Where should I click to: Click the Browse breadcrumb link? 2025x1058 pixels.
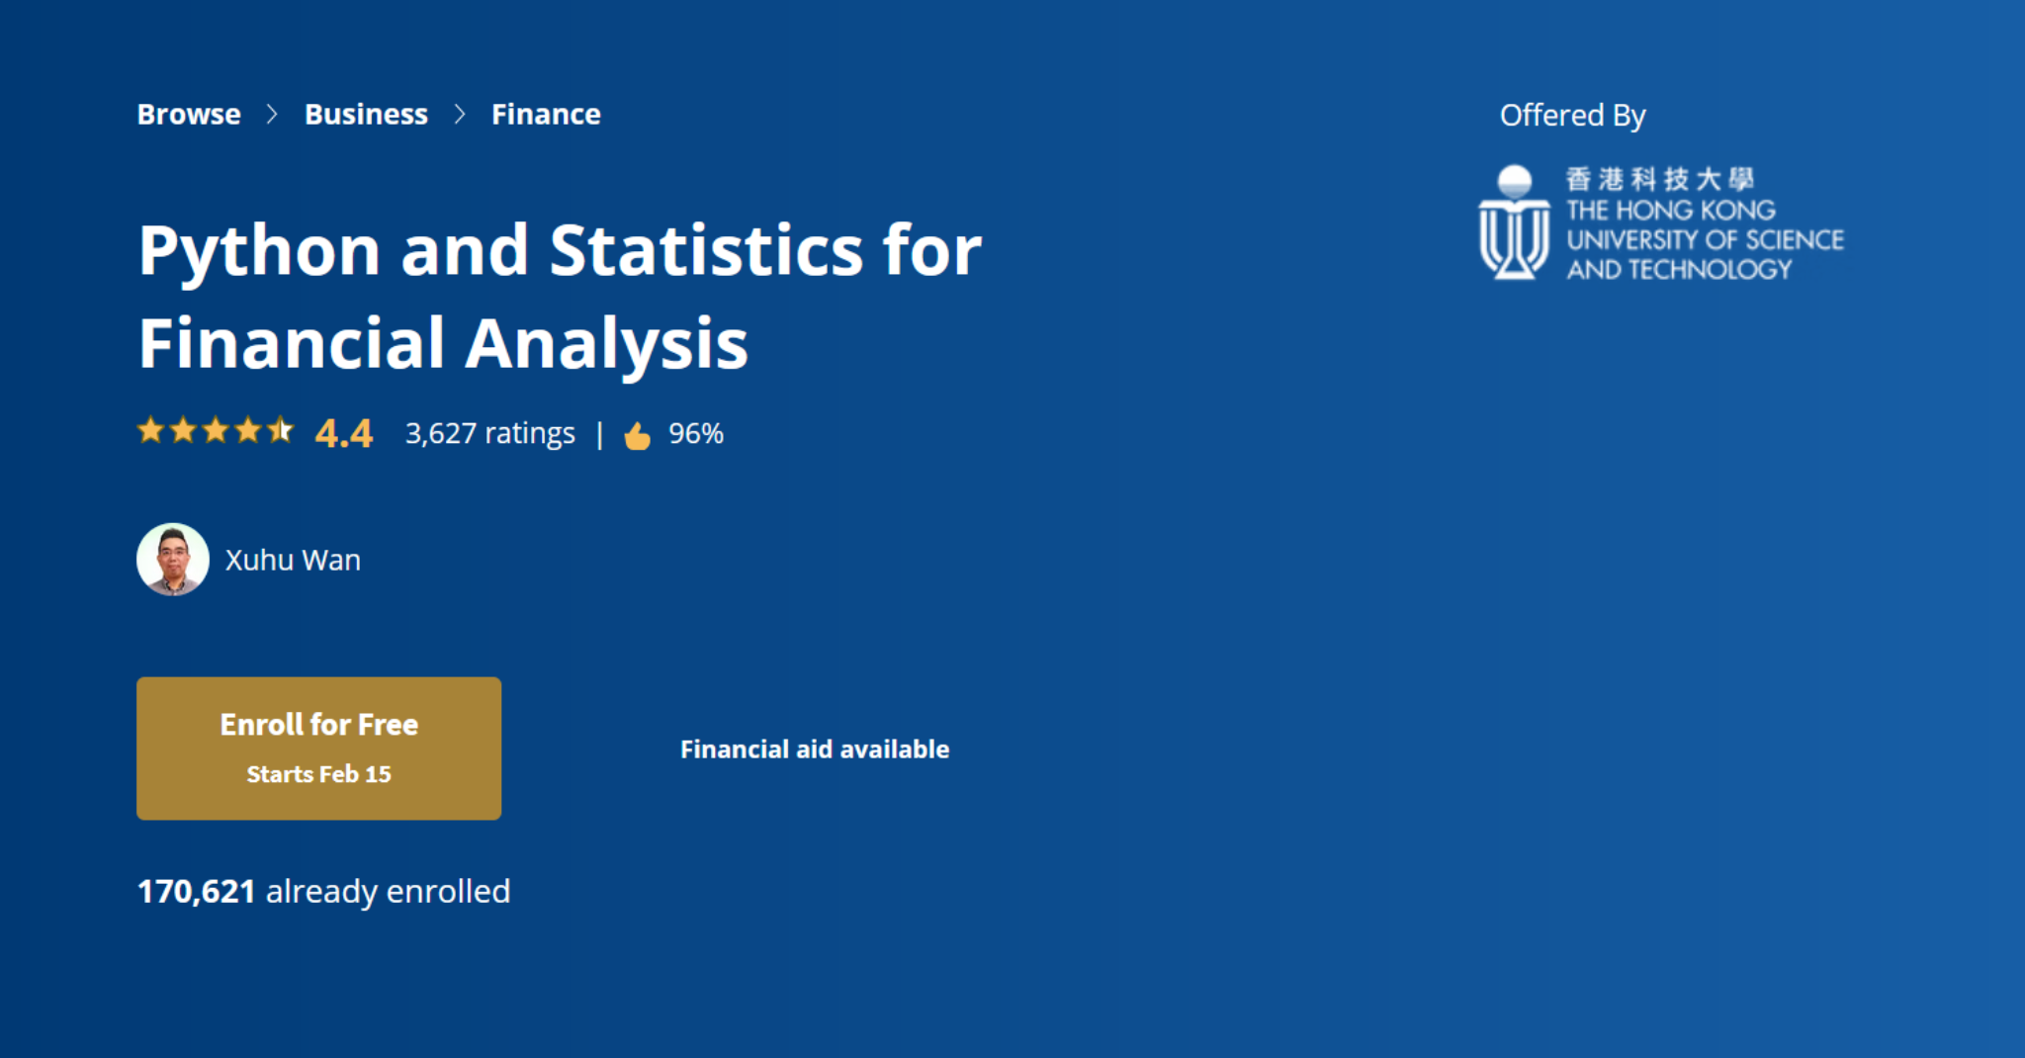coord(189,115)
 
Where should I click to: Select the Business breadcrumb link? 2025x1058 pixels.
coord(366,115)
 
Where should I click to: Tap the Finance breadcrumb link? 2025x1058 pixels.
coord(546,115)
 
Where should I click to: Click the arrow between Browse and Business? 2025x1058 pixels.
coord(272,115)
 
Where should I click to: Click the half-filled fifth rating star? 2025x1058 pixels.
coord(281,430)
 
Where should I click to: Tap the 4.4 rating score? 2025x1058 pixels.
coord(344,433)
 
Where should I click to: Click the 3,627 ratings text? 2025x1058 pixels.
coord(490,433)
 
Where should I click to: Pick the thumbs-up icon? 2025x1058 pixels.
coord(638,435)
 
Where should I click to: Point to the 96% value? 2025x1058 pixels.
coord(696,433)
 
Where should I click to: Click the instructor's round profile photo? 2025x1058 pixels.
coord(173,560)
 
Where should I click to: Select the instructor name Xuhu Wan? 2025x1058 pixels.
coord(293,560)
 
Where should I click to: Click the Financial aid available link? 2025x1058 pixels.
coord(815,749)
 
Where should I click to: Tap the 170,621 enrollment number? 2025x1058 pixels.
coord(197,892)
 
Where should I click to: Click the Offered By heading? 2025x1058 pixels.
coord(1573,117)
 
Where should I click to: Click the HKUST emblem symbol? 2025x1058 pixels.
coord(1514,222)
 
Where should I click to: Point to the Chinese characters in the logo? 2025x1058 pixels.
coord(1660,179)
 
